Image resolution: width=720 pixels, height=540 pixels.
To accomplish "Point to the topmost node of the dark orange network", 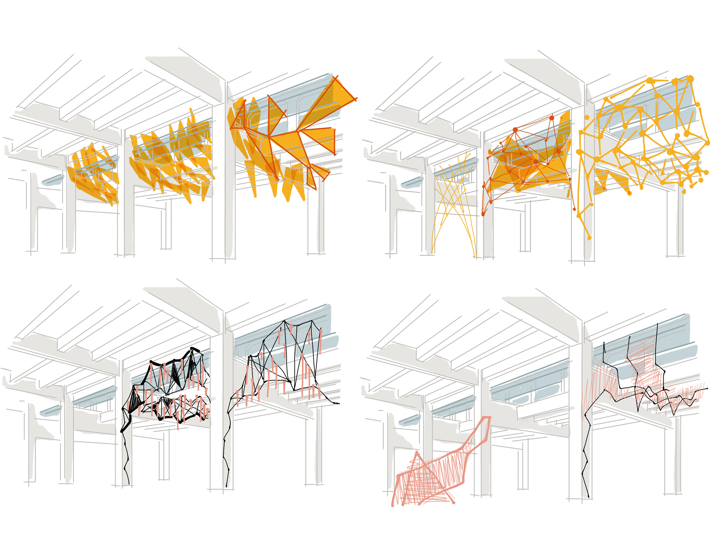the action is (552, 118).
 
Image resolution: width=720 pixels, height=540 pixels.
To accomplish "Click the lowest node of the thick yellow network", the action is (589, 238).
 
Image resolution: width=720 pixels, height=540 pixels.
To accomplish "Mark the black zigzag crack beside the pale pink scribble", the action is (586, 458).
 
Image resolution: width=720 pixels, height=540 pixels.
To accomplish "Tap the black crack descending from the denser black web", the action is (127, 450).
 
